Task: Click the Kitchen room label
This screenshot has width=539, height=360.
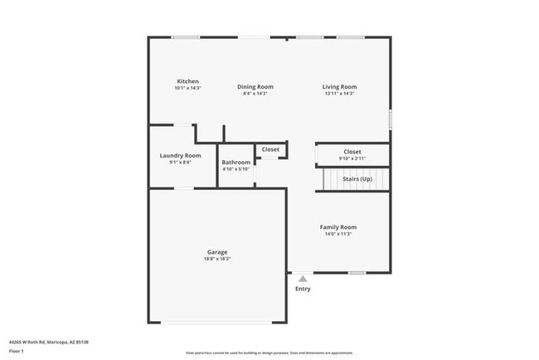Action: [x=187, y=81]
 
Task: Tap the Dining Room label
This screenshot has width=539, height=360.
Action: [x=255, y=86]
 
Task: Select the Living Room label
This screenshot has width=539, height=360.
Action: [x=339, y=86]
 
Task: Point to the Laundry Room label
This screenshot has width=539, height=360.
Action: [x=180, y=155]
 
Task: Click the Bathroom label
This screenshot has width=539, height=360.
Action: [x=236, y=162]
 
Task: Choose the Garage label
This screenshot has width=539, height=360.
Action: [x=217, y=252]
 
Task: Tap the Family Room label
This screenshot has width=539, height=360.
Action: [x=338, y=226]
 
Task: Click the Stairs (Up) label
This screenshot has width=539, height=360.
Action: [x=357, y=178]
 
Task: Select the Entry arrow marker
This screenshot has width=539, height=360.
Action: [x=303, y=280]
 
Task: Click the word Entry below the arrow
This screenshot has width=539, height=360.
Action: [x=303, y=289]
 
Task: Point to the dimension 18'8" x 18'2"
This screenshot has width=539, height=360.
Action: [x=217, y=260]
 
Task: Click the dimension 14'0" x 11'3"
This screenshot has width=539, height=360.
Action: [x=338, y=234]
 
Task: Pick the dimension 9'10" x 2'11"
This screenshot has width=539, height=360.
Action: [x=352, y=158]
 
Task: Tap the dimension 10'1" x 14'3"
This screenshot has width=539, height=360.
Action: [x=187, y=88]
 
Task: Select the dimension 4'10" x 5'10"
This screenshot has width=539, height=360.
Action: [x=236, y=169]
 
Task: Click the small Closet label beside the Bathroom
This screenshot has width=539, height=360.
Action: [x=270, y=149]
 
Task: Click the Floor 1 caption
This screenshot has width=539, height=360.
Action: [x=17, y=351]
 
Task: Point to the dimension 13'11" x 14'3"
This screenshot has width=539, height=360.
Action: [x=339, y=94]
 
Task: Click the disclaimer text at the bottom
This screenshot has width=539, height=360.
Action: [x=269, y=352]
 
